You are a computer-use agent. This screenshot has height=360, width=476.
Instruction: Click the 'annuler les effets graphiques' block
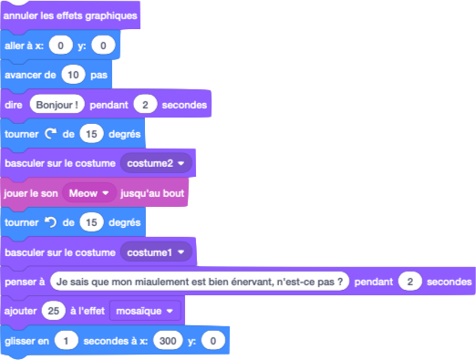click(x=71, y=16)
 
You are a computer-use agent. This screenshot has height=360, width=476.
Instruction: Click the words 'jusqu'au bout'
click(x=152, y=194)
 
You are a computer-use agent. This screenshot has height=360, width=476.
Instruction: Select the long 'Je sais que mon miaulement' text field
click(x=202, y=282)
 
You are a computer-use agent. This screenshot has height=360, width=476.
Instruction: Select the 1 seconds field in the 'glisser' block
click(x=65, y=341)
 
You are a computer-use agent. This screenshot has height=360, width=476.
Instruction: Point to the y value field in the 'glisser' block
click(x=213, y=341)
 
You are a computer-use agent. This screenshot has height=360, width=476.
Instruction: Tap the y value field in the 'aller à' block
click(x=105, y=46)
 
